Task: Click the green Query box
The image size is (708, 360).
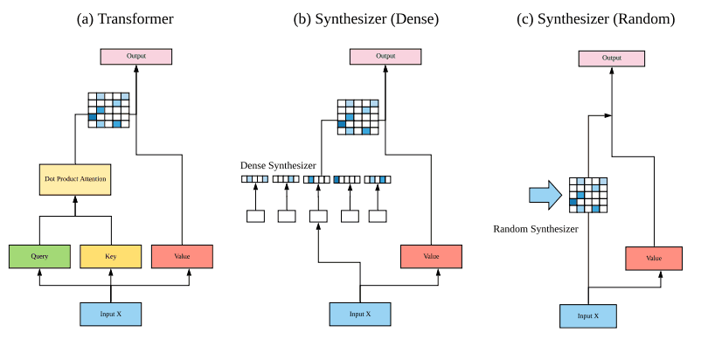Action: click(39, 256)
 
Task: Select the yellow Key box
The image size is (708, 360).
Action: click(111, 256)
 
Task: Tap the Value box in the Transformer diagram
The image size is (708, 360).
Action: click(182, 256)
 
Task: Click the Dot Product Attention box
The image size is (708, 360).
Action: click(75, 179)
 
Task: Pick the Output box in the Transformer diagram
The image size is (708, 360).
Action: click(135, 56)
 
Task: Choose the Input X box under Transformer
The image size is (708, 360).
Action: click(111, 313)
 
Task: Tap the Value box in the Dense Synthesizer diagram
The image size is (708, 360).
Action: click(431, 256)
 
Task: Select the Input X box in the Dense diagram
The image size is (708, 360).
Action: click(359, 314)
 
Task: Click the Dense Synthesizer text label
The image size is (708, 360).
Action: click(278, 165)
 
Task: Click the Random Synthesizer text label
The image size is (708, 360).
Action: click(536, 229)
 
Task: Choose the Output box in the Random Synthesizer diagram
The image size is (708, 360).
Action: click(611, 59)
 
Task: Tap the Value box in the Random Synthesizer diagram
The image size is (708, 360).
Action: click(654, 259)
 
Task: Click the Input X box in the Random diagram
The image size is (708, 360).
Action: click(588, 315)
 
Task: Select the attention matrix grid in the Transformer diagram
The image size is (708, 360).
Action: click(109, 110)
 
